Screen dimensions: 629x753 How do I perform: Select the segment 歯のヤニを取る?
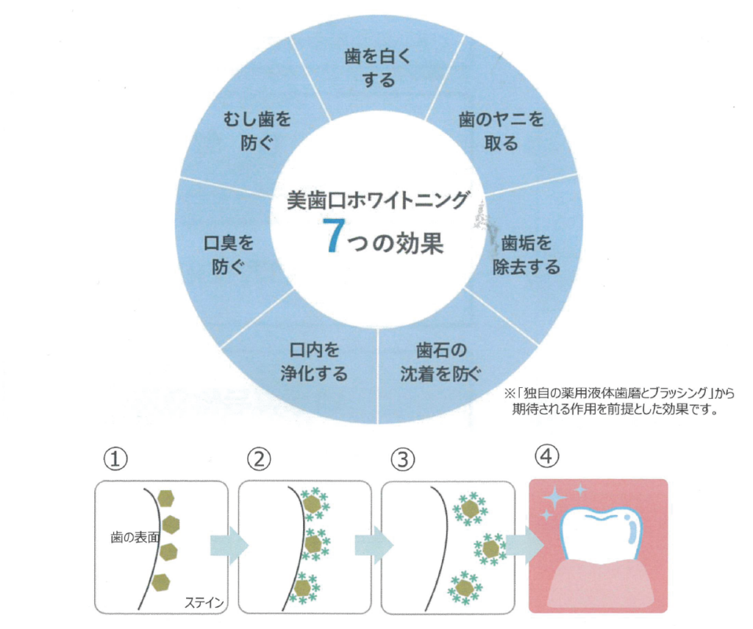[501, 131]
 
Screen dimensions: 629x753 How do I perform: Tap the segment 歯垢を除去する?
[527, 254]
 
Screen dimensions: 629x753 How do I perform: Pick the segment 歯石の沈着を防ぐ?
[440, 362]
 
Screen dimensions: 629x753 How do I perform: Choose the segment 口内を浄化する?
[314, 362]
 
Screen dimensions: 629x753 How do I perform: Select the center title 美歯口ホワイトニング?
[379, 198]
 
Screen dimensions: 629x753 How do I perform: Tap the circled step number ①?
[115, 459]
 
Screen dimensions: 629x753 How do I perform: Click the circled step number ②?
[260, 459]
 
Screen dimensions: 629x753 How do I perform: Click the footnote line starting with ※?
[618, 393]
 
